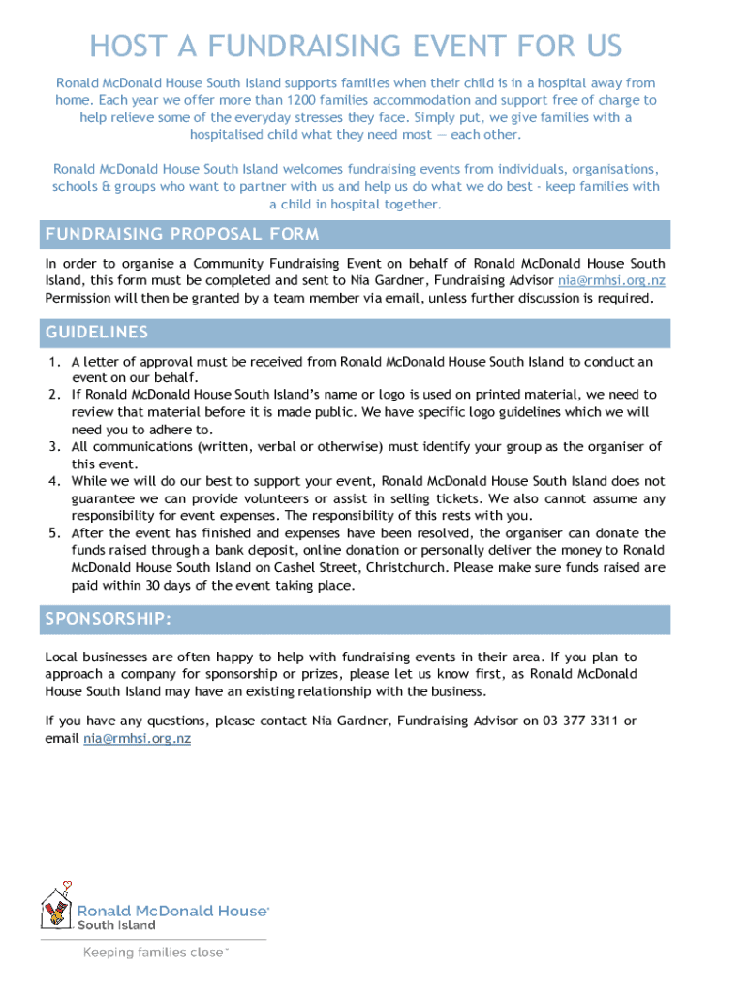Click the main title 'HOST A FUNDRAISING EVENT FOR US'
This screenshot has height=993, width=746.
click(x=356, y=46)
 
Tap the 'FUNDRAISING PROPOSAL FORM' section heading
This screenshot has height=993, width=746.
click(x=182, y=235)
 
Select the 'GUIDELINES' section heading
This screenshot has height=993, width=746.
click(x=97, y=333)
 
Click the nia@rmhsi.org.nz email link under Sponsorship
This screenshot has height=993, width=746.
click(x=137, y=738)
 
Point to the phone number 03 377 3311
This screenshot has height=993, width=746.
click(x=578, y=721)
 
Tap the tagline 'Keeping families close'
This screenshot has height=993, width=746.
click(x=155, y=952)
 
